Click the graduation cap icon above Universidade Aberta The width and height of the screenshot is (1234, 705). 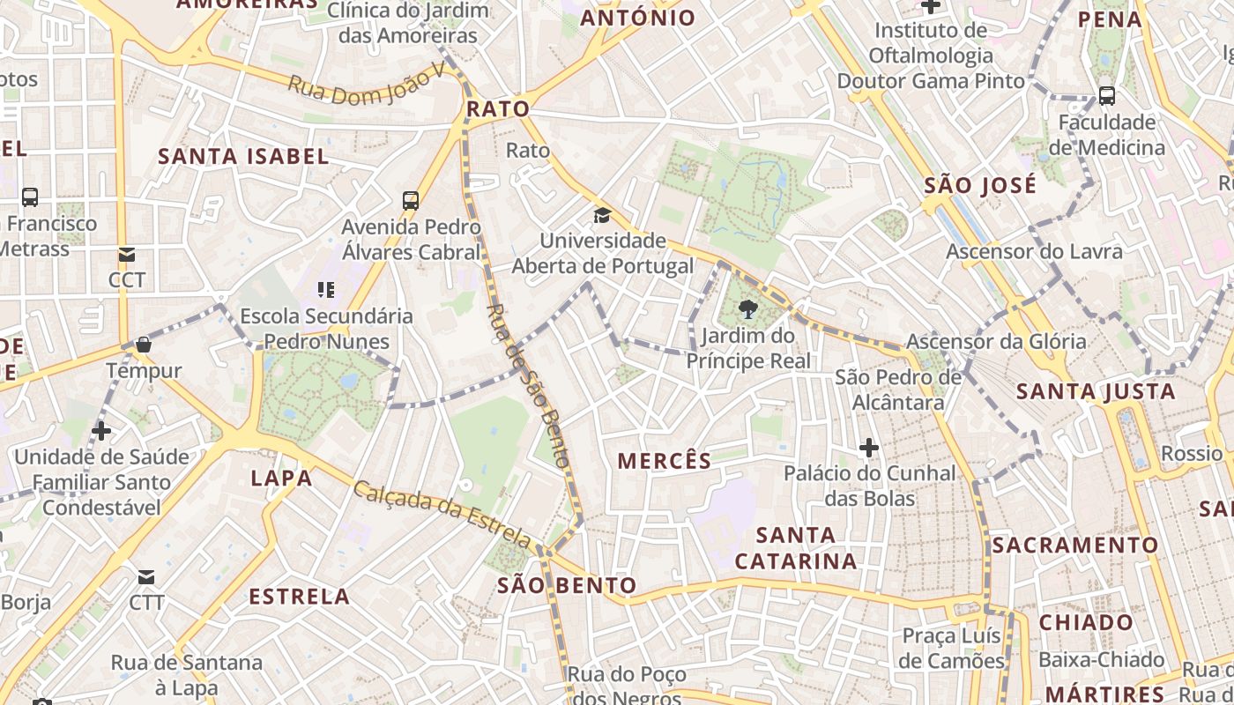602,215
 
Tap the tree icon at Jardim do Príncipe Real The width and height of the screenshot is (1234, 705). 747,308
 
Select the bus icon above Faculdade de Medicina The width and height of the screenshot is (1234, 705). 1106,96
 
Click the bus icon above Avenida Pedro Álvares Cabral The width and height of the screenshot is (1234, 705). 411,200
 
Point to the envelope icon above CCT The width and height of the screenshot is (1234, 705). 127,255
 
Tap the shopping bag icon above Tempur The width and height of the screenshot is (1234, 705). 143,345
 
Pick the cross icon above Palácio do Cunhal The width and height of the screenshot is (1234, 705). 869,448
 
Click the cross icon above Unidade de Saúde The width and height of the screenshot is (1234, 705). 101,431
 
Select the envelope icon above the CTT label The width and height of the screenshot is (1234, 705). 146,577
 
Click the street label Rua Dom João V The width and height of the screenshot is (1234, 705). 367,86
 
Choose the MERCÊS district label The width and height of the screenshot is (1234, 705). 664,460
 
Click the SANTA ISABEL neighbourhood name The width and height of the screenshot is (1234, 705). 243,157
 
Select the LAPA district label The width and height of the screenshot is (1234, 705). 282,479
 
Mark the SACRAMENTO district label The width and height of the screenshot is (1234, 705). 1075,545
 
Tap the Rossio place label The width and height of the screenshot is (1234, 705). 1192,453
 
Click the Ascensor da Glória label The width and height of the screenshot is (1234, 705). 997,341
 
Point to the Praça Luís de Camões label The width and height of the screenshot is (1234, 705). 952,648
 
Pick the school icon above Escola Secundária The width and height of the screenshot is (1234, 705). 326,289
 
